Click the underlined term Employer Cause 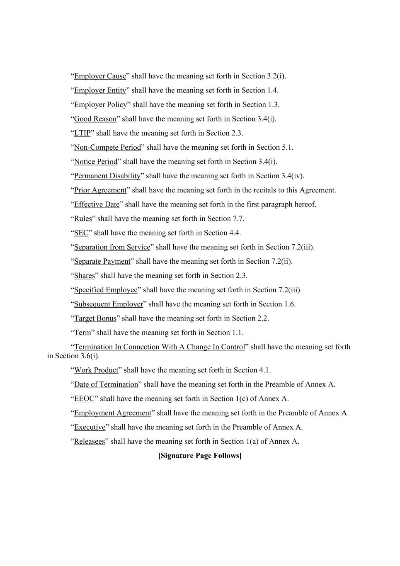(100, 76)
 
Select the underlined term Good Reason (95, 119)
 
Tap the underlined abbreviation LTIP (82, 133)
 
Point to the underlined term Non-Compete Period (107, 148)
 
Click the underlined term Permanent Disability (107, 176)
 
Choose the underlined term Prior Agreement (100, 190)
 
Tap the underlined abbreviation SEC (81, 233)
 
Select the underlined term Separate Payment (102, 262)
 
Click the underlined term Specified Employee (106, 290)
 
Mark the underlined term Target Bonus (95, 318)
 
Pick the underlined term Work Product (96, 370)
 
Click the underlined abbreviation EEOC (84, 399)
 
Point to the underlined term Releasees (90, 442)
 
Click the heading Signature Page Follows (200, 456)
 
